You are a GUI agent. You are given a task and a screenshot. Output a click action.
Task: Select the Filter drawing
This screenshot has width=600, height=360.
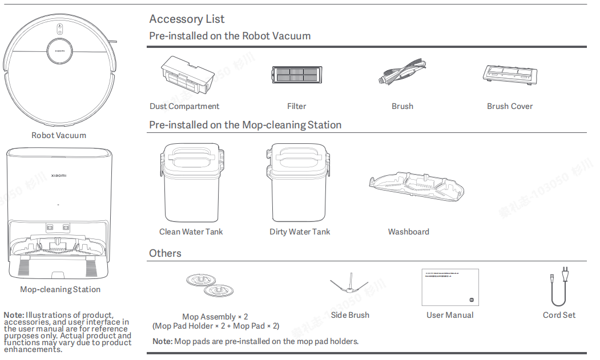[x=296, y=75]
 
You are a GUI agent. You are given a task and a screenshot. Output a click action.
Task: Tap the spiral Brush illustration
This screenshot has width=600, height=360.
[x=402, y=74]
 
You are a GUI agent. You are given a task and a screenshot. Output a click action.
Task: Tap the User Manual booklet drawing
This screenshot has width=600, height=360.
[x=450, y=288]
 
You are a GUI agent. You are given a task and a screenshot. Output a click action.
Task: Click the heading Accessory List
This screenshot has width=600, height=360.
[x=187, y=19]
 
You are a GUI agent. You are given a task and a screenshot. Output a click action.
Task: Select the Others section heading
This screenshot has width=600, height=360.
[x=165, y=253]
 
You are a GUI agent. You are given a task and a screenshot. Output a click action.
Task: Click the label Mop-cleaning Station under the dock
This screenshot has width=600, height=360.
[x=60, y=289]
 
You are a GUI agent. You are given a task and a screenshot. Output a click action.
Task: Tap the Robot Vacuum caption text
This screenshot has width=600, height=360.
[x=59, y=135]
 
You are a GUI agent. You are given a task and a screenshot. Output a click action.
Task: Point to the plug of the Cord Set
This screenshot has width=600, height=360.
[x=564, y=273]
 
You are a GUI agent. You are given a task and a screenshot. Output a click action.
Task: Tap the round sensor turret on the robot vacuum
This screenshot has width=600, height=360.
[x=59, y=51]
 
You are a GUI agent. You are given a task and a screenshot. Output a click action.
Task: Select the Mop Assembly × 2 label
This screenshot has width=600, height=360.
[x=215, y=317]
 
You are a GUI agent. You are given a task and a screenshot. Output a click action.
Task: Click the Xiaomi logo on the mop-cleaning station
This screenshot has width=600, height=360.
[x=59, y=176]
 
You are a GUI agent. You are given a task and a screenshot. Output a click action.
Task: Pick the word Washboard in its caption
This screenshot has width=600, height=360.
[x=408, y=232]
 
